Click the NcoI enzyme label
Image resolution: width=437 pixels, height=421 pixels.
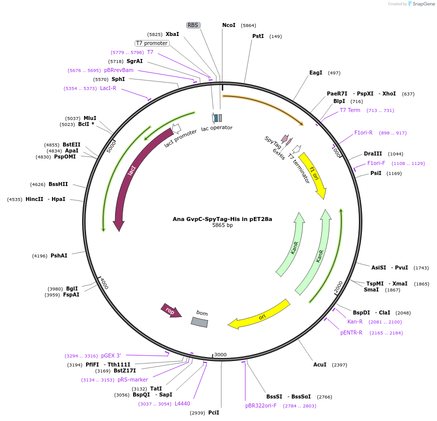228,25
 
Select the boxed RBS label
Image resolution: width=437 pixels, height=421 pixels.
193,25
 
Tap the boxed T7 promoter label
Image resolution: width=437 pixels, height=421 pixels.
152,43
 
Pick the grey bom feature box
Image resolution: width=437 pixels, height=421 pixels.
199,322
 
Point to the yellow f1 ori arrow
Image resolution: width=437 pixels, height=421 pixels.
314,174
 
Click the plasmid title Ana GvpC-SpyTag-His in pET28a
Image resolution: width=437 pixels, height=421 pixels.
222,219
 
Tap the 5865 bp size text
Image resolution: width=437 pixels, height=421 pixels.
222,225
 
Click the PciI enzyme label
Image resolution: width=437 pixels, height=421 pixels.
214,412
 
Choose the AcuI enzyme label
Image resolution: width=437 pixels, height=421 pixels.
320,364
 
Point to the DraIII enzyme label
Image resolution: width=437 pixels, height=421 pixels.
373,153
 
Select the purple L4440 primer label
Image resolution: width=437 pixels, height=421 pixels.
182,403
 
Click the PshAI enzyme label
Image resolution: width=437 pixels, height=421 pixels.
59,255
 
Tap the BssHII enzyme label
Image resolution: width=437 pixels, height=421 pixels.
58,184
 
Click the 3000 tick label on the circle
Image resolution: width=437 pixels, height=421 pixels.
220,354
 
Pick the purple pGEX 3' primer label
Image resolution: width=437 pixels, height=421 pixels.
111,355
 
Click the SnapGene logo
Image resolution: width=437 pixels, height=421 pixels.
421,4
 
